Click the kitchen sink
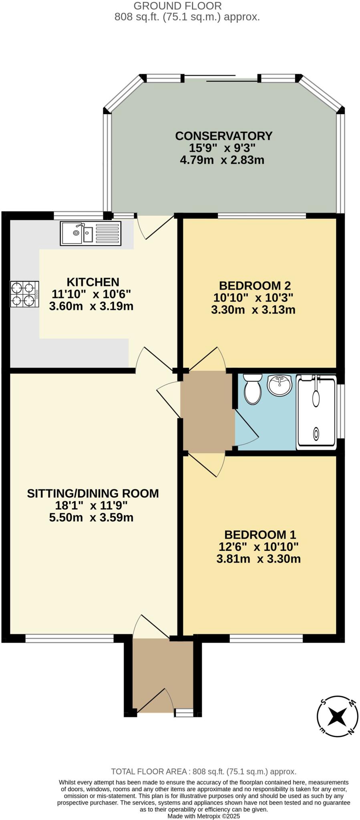[x=90, y=233]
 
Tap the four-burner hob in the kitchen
[x=24, y=294]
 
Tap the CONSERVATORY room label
[x=223, y=136]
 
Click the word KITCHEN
[x=93, y=282]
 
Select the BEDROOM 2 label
[x=255, y=285]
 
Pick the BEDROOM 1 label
[x=260, y=535]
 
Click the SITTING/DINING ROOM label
[x=93, y=493]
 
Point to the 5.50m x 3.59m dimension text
[x=91, y=517]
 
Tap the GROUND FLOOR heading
[x=177, y=6]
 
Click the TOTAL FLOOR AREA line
[x=203, y=772]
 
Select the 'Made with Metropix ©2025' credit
[x=203, y=816]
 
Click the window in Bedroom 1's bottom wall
[x=266, y=638]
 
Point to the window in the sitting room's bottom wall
[x=70, y=638]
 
